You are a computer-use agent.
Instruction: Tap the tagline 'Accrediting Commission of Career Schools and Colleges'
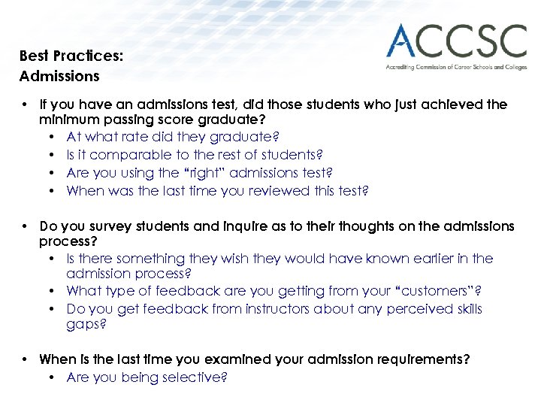[x=456, y=67]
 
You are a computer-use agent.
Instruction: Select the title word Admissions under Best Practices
[x=59, y=76]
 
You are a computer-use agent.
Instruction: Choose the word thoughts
[x=345, y=226]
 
